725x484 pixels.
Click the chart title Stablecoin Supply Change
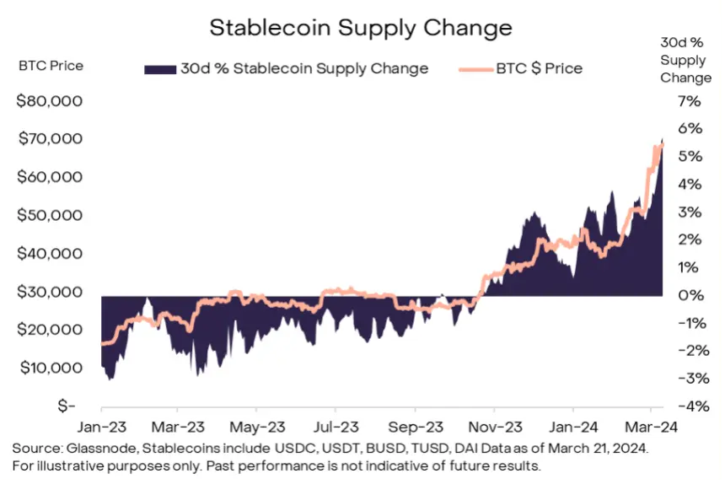(x=360, y=27)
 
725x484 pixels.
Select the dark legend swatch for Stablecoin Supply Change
(x=159, y=68)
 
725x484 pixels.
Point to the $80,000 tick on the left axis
(x=50, y=101)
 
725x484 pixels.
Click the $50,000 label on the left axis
(x=50, y=215)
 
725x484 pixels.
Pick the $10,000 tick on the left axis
(x=50, y=368)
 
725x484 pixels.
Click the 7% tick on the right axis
(x=689, y=101)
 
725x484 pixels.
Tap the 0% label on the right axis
(x=690, y=295)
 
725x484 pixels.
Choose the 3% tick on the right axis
(x=690, y=212)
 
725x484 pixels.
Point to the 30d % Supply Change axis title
(x=685, y=60)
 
